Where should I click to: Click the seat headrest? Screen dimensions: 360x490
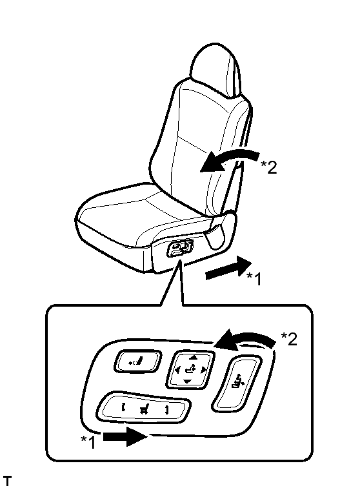[215, 69]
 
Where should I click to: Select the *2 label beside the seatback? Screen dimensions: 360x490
[269, 167]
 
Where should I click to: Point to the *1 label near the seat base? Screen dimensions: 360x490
[254, 278]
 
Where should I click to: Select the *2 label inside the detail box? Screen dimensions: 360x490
[289, 339]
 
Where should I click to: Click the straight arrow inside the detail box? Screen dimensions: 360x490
[125, 436]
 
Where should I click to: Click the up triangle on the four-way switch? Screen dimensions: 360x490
[194, 357]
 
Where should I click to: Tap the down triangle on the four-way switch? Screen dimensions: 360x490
[187, 382]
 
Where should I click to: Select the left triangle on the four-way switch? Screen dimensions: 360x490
[177, 371]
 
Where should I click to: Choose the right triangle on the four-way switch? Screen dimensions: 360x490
[204, 371]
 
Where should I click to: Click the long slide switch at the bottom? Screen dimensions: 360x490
[144, 407]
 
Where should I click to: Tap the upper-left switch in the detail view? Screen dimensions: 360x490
[137, 362]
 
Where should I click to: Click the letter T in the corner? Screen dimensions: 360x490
[7, 481]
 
